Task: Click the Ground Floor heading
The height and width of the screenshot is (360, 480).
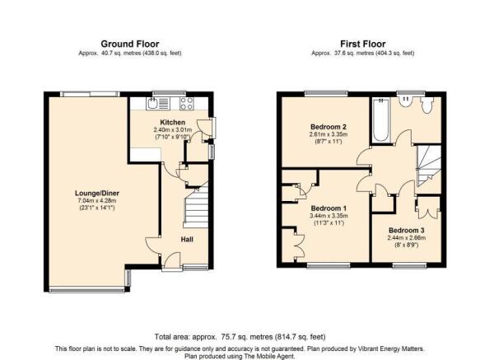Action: [x=130, y=44]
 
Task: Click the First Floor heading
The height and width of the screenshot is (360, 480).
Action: [x=363, y=44]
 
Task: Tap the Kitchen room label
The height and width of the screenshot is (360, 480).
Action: [x=173, y=122]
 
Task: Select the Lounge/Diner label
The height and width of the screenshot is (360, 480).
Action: [x=97, y=193]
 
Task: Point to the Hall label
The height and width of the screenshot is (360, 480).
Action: [x=187, y=239]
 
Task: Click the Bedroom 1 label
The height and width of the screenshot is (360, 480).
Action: [x=329, y=208]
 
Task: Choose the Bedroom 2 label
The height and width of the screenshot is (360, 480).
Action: [x=329, y=127]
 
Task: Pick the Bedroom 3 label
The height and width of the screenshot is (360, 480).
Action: [x=407, y=230]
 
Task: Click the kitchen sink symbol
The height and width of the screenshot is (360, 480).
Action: [x=157, y=103]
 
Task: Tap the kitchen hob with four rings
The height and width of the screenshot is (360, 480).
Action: [x=186, y=103]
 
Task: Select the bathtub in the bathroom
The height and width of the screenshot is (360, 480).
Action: [x=381, y=119]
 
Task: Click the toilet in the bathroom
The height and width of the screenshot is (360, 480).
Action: [x=426, y=105]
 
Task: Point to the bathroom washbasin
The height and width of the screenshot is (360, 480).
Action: [x=406, y=101]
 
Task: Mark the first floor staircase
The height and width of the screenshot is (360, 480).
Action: [x=429, y=166]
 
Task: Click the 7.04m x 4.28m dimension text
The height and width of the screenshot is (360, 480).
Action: [x=97, y=201]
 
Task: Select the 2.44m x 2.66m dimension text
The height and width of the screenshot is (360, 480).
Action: [x=407, y=238]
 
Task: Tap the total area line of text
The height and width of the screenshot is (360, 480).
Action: [x=240, y=337]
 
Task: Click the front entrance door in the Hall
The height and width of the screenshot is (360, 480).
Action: [x=171, y=262]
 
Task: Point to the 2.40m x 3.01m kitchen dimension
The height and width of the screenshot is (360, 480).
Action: [x=173, y=130]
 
